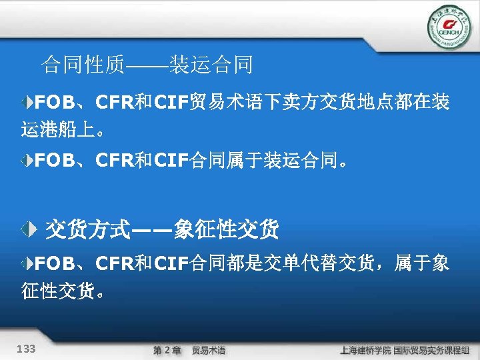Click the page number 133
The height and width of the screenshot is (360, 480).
click(x=27, y=349)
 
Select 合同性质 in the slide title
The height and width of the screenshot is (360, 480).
click(x=83, y=65)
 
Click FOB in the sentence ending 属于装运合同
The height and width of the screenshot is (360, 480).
click(x=55, y=161)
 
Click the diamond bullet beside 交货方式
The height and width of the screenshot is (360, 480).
click(x=27, y=230)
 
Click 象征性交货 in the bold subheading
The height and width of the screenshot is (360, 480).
click(x=225, y=230)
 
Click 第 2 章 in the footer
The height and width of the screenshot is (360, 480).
click(x=167, y=350)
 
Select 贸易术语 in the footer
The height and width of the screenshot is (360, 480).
click(x=209, y=350)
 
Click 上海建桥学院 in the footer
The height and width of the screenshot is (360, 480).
click(x=365, y=350)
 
